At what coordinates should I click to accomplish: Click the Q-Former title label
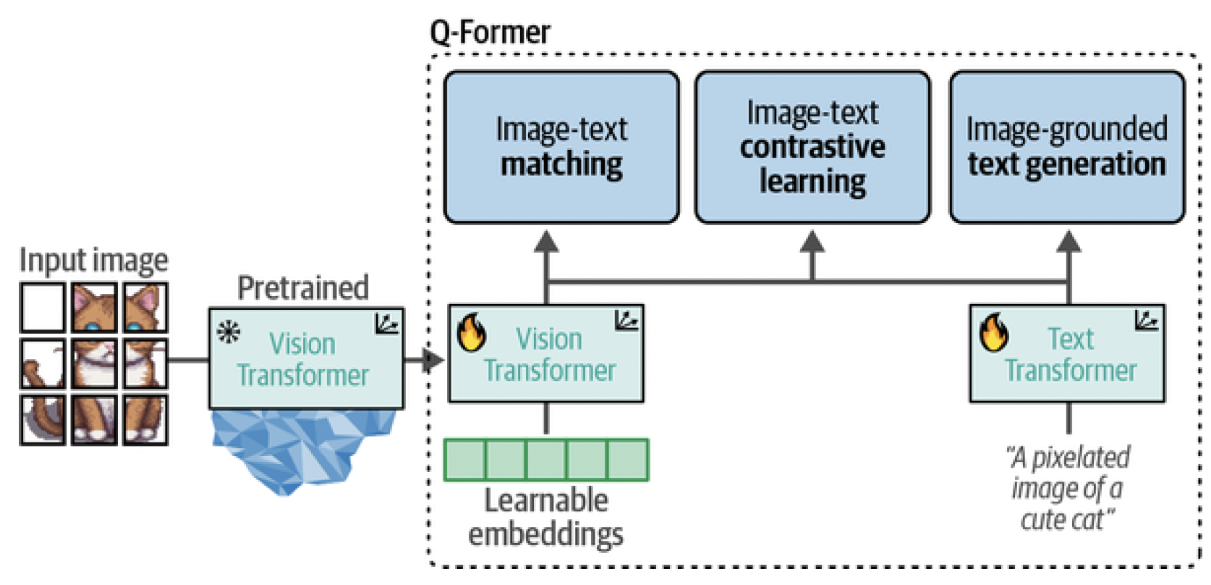point(490,33)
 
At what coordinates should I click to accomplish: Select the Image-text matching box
point(561,147)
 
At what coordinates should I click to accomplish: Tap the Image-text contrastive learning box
point(812,147)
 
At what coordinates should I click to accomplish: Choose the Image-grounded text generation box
point(1067,147)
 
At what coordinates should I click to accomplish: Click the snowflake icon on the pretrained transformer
point(229,333)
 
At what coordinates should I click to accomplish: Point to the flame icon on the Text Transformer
point(994,332)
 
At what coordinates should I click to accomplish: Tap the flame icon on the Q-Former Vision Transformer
point(472,332)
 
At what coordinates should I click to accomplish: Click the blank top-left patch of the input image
point(43,308)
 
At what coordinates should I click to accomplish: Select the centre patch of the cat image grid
point(94,363)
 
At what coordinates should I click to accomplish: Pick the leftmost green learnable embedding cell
point(464,460)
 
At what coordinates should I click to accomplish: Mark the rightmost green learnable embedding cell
point(627,460)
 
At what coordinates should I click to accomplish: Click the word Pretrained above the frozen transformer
point(303,288)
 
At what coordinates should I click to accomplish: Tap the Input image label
point(93,260)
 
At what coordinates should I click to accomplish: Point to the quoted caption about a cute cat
point(1068,488)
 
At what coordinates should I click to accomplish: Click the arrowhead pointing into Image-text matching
point(546,242)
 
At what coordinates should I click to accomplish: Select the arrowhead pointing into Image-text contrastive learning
point(812,242)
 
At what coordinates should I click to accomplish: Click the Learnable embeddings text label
point(546,517)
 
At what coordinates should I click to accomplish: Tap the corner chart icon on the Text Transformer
point(1147,320)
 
